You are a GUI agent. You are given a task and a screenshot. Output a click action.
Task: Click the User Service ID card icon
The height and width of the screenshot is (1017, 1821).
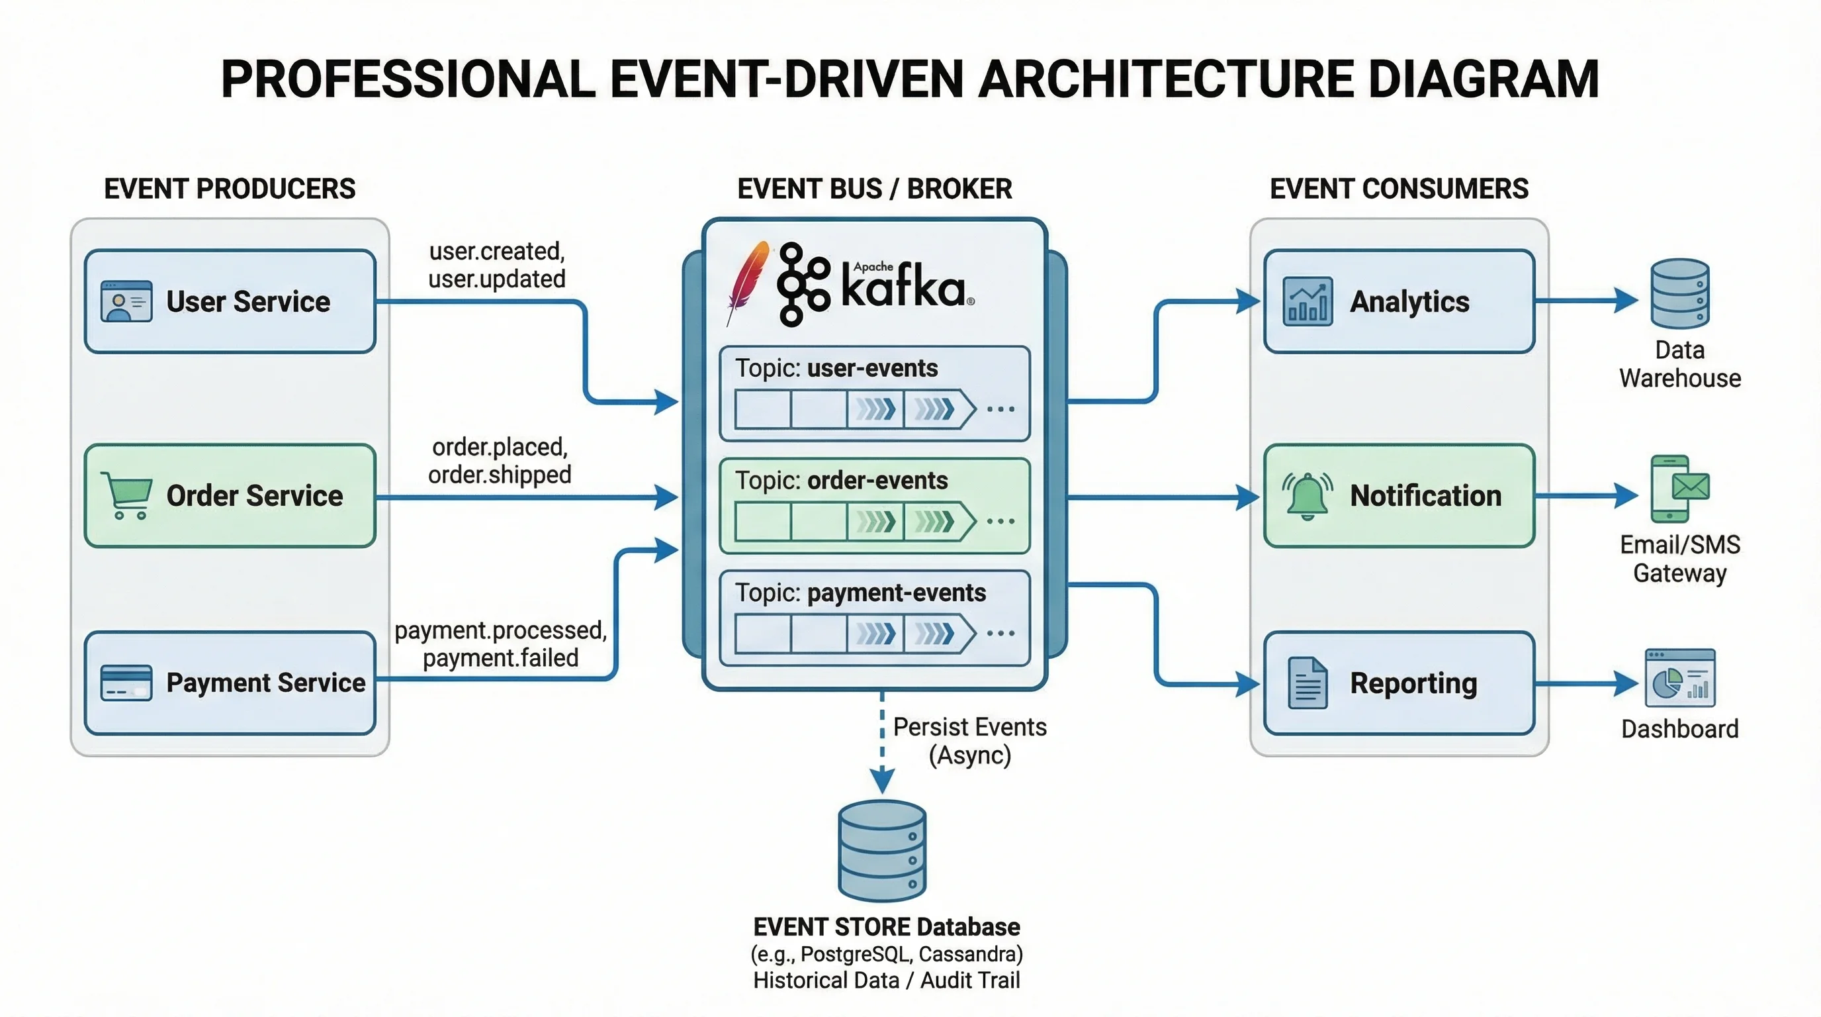[x=126, y=301]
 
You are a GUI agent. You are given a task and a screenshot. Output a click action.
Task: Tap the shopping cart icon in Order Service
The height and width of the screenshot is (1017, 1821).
[x=127, y=495]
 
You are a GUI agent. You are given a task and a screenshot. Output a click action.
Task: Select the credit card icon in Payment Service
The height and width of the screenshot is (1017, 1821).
[x=126, y=683]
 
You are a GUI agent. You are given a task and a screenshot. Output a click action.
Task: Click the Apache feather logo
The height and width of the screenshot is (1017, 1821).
[x=748, y=282]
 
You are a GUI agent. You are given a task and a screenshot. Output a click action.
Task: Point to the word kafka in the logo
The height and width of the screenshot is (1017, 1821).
[x=903, y=289]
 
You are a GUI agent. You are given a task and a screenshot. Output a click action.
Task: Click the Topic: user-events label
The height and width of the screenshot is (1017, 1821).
[x=836, y=369]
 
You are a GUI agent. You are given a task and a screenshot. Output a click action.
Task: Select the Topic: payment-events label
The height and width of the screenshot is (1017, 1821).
[x=860, y=593]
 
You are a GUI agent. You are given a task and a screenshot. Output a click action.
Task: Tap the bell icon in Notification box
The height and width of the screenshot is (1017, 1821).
[x=1307, y=495]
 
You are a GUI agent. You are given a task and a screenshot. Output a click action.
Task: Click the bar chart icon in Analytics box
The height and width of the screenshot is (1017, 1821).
[x=1307, y=301]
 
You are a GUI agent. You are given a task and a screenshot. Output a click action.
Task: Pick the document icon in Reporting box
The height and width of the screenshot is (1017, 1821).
[x=1307, y=683]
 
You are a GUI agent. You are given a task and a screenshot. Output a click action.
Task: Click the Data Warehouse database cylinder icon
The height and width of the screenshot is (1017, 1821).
[x=1679, y=293]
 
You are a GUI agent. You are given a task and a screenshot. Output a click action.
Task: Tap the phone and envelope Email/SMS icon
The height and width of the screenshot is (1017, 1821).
[x=1679, y=488]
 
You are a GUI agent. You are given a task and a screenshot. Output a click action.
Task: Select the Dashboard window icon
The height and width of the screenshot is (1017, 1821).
[x=1679, y=677]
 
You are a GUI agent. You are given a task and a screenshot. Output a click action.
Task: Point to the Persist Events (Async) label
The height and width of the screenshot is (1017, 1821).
[x=969, y=740]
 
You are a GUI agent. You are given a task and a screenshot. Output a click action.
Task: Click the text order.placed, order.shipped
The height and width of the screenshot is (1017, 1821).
[x=499, y=460]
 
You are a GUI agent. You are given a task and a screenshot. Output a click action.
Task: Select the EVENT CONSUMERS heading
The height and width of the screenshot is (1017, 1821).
[x=1398, y=189]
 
